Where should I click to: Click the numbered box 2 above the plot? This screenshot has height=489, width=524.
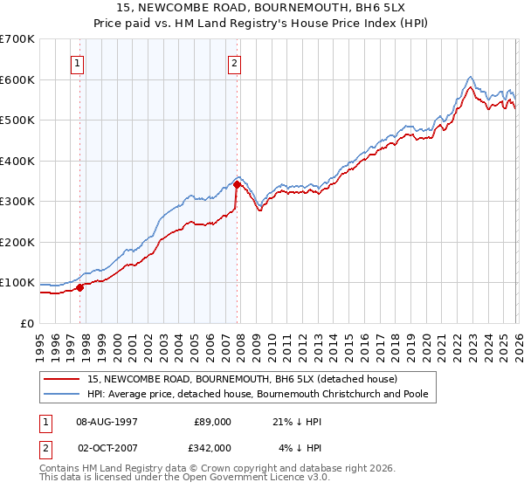[236, 63]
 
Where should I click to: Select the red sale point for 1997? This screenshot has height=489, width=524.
[79, 286]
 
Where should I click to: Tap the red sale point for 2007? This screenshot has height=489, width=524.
[237, 184]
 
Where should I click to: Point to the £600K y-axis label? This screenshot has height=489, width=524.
[17, 79]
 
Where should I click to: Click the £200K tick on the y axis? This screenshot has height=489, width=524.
[17, 242]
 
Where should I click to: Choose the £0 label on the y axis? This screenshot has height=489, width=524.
[28, 323]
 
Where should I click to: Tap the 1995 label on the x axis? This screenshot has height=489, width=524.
[40, 340]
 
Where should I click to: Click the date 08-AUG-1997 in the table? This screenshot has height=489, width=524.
[107, 422]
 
